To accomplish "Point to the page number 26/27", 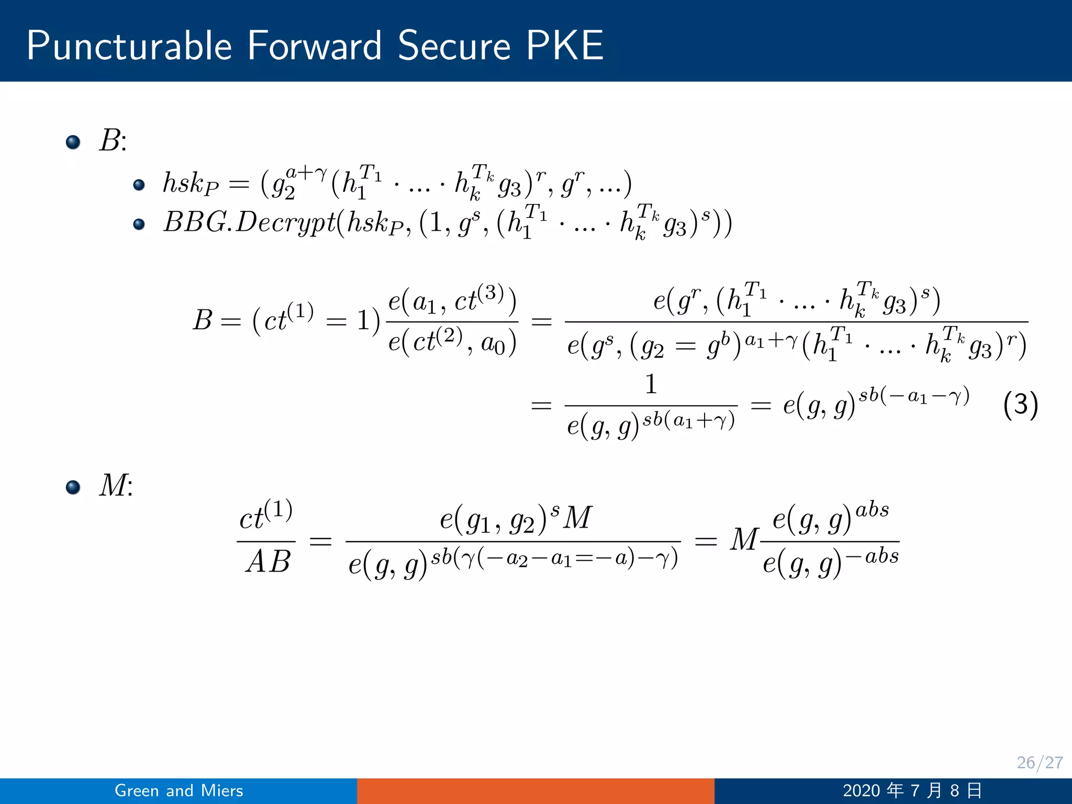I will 1040,763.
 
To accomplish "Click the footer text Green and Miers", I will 178,790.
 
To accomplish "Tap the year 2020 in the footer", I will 861,790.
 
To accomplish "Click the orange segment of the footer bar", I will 535,790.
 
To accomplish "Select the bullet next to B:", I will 73,142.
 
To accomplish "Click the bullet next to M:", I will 73,487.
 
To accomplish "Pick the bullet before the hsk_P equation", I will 139,185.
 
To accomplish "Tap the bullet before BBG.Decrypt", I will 139,225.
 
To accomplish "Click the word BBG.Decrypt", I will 249,222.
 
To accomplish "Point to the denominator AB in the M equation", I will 267,562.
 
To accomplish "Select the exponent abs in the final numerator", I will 872,509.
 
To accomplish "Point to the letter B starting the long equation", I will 203,320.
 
